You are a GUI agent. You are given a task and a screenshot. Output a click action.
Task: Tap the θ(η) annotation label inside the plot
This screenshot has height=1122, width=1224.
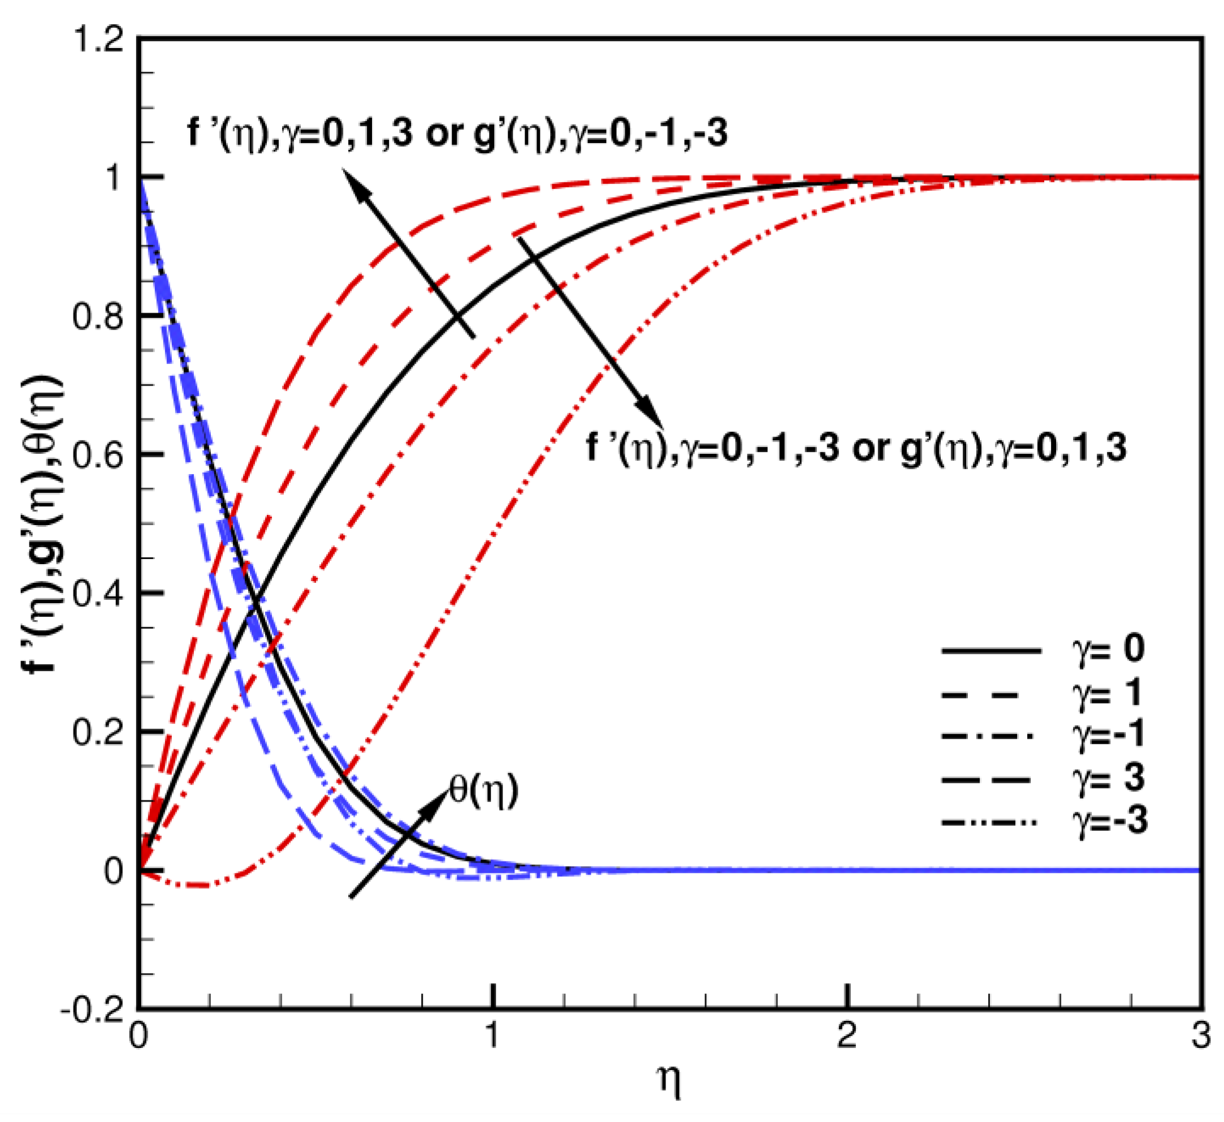[x=483, y=790]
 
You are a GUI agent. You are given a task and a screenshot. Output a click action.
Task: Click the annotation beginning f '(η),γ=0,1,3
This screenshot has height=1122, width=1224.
[x=457, y=132]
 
